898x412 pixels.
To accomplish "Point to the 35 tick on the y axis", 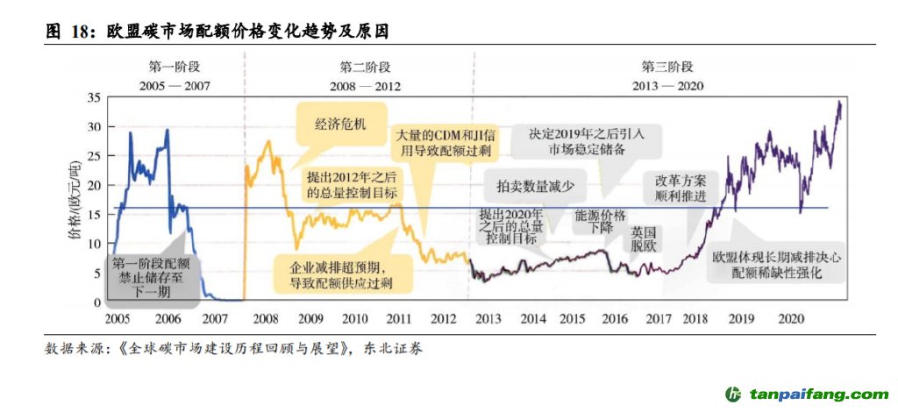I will pyautogui.click(x=96, y=97).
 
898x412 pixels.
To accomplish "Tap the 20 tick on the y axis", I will pyautogui.click(x=96, y=185).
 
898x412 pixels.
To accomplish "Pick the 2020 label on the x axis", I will pyautogui.click(x=792, y=317).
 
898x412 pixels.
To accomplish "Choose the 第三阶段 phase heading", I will pyautogui.click(x=666, y=67).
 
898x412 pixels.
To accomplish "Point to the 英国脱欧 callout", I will pyautogui.click(x=644, y=238).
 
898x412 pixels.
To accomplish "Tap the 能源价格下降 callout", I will pyautogui.click(x=601, y=221).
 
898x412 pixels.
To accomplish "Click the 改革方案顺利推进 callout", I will pyautogui.click(x=681, y=187).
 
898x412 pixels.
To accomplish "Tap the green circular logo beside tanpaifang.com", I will pyautogui.click(x=734, y=394).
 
